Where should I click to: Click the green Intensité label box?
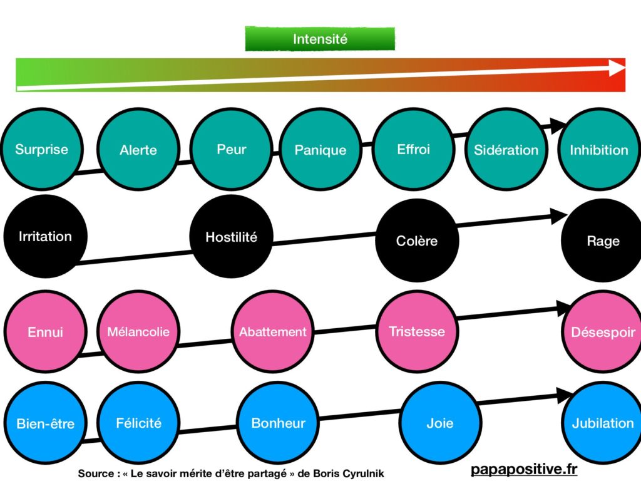(320, 39)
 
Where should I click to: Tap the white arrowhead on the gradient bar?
(617, 68)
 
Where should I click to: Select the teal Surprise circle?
(42, 149)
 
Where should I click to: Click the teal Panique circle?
(320, 150)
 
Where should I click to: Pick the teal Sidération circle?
(506, 150)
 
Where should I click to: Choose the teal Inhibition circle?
(598, 150)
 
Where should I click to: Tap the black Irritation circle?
(44, 237)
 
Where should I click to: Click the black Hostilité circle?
(231, 237)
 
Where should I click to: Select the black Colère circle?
(417, 240)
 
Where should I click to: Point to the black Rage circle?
(602, 240)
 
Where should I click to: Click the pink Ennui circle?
(45, 332)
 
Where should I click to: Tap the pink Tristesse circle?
(417, 332)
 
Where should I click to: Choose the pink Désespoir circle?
(602, 332)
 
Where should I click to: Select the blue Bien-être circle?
(45, 423)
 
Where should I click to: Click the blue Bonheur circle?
(278, 423)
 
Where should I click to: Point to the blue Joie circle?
(439, 423)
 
